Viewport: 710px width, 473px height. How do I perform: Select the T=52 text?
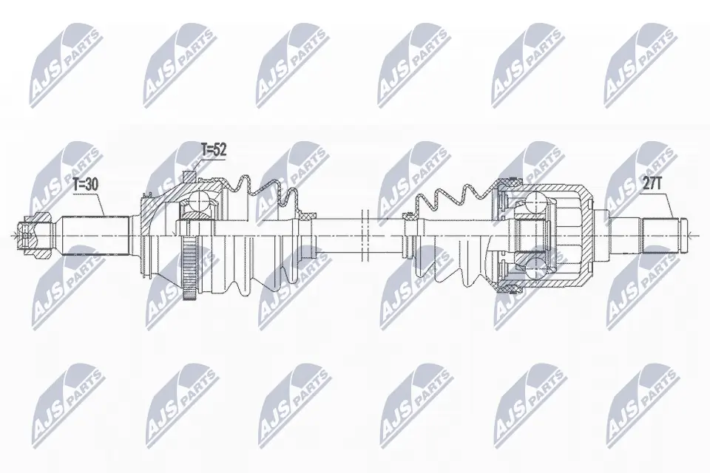[x=213, y=150]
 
